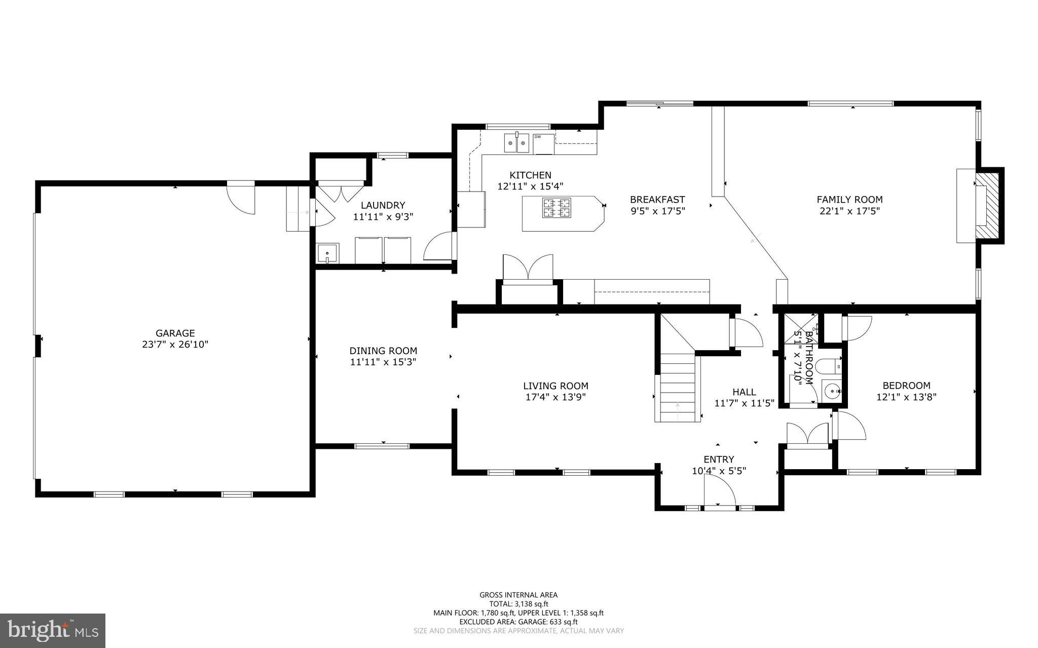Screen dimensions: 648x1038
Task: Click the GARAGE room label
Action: (x=175, y=333)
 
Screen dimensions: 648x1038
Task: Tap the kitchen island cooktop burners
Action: (x=557, y=208)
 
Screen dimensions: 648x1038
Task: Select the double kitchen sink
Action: (x=516, y=143)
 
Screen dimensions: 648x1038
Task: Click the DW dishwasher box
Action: (x=543, y=144)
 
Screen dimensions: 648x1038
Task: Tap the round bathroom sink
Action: (x=831, y=391)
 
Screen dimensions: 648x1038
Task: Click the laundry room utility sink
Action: (x=327, y=253)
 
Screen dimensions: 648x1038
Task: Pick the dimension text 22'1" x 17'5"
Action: (x=849, y=211)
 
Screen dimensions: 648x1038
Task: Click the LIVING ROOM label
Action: (x=555, y=386)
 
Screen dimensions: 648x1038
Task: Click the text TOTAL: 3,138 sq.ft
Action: (x=518, y=604)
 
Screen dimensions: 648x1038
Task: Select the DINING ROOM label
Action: (x=383, y=351)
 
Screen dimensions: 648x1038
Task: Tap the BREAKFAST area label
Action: (x=657, y=200)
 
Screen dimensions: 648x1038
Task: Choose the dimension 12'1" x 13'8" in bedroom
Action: (x=906, y=397)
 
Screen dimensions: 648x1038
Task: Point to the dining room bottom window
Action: (x=381, y=446)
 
